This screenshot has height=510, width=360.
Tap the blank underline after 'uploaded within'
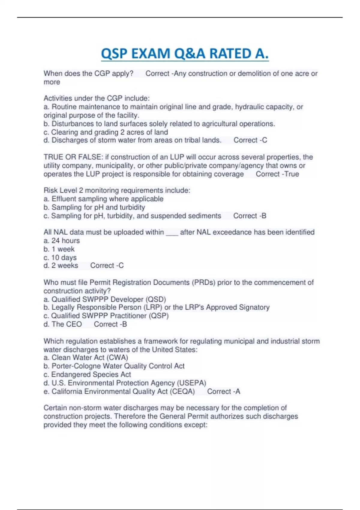pyautogui.click(x=172, y=232)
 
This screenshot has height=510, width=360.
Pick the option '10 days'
pyautogui.click(x=64, y=257)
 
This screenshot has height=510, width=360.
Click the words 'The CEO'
pyautogui.click(x=67, y=324)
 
